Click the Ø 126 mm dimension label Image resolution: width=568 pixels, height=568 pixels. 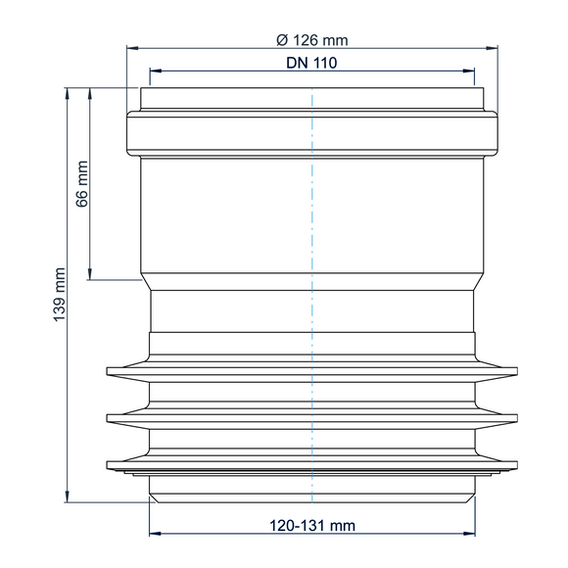tap(311, 40)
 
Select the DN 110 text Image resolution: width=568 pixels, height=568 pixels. tap(311, 63)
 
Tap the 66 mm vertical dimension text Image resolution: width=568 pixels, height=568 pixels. tap(82, 184)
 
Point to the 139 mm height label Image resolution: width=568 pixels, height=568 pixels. tap(60, 295)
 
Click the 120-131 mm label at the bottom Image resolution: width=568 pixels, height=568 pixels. tap(312, 526)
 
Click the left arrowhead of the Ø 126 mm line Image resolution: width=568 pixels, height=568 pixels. tap(132, 48)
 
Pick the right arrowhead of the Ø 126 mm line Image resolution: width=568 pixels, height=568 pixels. tap(492, 48)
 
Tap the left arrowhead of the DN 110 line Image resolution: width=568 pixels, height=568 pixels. tap(156, 71)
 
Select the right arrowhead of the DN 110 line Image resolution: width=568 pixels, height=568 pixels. tap(468, 71)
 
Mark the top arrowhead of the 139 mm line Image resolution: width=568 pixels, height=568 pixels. tap(67, 93)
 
